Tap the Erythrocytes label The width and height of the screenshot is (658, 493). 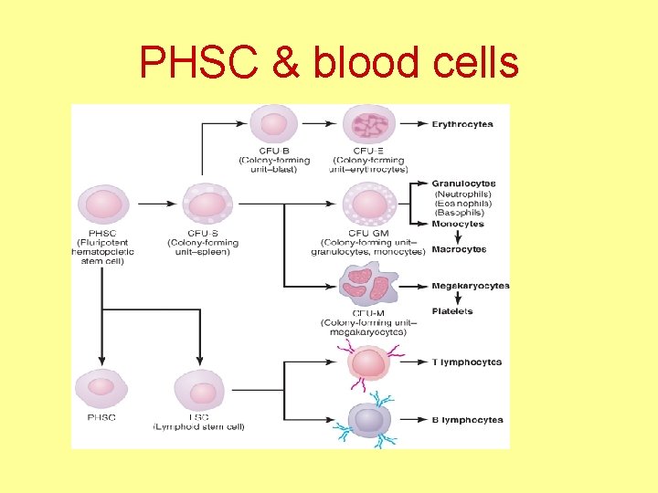pos(462,124)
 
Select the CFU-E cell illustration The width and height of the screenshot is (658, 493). pos(369,124)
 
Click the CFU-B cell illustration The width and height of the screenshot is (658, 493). pos(274,124)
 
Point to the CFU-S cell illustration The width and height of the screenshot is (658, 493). pos(208,204)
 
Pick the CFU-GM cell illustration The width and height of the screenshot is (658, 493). pos(369,204)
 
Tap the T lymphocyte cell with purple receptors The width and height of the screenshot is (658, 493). pos(369,362)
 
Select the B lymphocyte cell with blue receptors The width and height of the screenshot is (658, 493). pos(369,419)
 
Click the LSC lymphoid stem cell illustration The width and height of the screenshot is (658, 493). pos(199,391)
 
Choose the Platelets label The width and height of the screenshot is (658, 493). pos(452,311)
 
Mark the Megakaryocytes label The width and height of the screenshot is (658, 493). pos(470,286)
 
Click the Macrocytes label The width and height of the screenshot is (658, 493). pos(459,249)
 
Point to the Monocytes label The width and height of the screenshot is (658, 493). pos(458,224)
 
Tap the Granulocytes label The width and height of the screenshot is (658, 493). pos(463,184)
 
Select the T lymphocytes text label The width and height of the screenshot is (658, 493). pos(466,362)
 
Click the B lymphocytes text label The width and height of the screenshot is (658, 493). pos(467,420)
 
